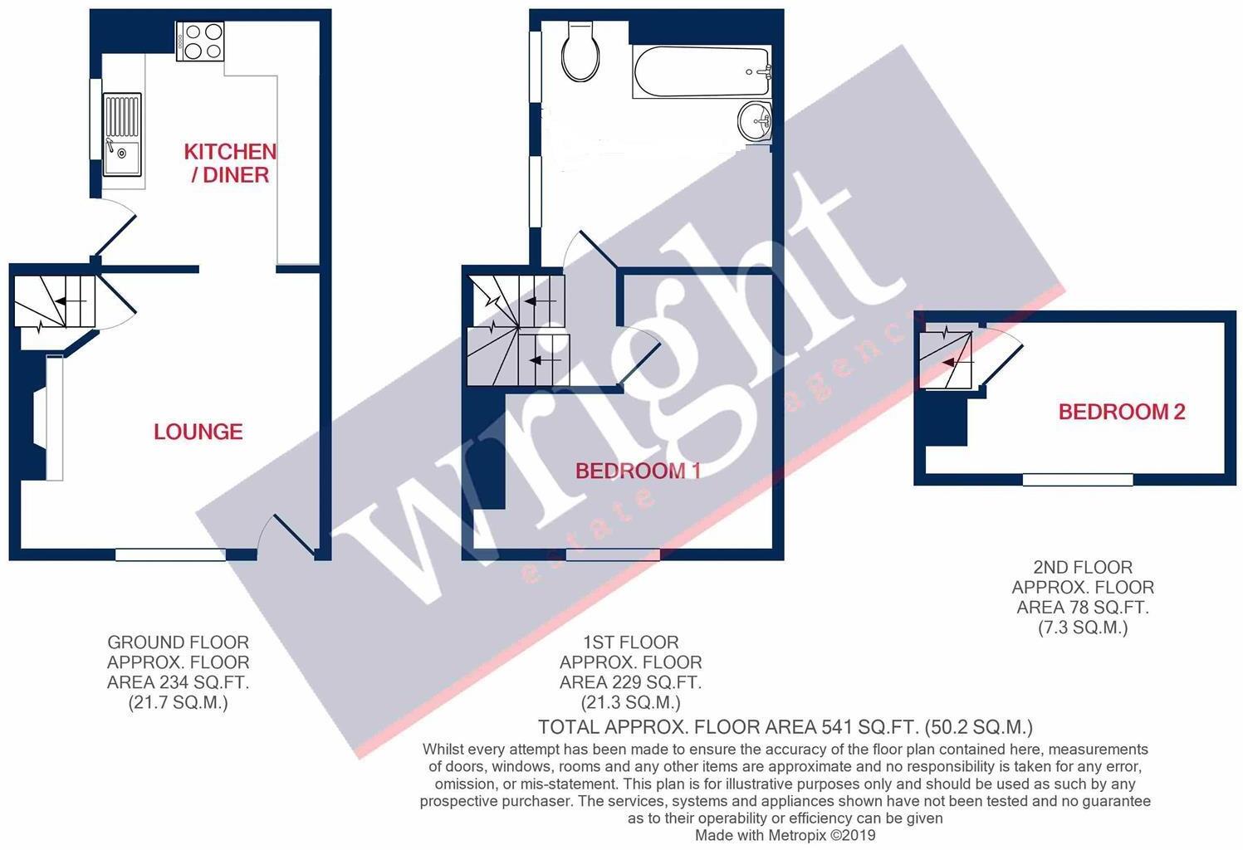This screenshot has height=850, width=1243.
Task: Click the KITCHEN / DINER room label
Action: (230, 163)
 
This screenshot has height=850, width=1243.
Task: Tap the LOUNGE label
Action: (198, 432)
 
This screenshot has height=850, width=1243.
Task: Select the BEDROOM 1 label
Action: (639, 471)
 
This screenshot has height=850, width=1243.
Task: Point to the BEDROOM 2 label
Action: (1121, 412)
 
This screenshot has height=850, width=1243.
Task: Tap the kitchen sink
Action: (122, 134)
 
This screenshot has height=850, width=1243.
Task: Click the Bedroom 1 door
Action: (639, 353)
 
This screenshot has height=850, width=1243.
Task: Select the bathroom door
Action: (590, 247)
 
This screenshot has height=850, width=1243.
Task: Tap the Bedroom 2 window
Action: (1077, 480)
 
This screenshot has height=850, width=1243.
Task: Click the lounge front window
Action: (170, 554)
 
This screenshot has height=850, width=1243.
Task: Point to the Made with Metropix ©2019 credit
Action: (785, 835)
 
